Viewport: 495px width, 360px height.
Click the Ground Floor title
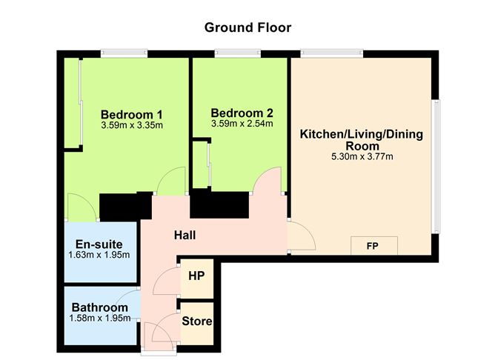(x=247, y=27)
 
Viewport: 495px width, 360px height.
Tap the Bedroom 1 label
(x=132, y=114)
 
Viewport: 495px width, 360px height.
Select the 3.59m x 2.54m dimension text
(x=242, y=124)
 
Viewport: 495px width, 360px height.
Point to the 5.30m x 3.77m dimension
(x=362, y=156)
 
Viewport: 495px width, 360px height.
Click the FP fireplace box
(x=374, y=245)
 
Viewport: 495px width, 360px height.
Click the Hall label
(x=185, y=235)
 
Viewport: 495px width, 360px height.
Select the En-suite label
(x=99, y=244)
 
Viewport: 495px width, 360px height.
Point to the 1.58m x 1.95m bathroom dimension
(x=100, y=318)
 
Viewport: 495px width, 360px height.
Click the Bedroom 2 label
(x=242, y=113)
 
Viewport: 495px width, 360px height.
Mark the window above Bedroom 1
(x=124, y=53)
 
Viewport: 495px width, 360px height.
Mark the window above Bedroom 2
(x=238, y=53)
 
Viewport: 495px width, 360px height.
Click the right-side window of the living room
(x=436, y=167)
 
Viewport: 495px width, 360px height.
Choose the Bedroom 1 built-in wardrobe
(x=72, y=103)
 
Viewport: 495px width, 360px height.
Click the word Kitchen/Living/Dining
(x=362, y=134)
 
